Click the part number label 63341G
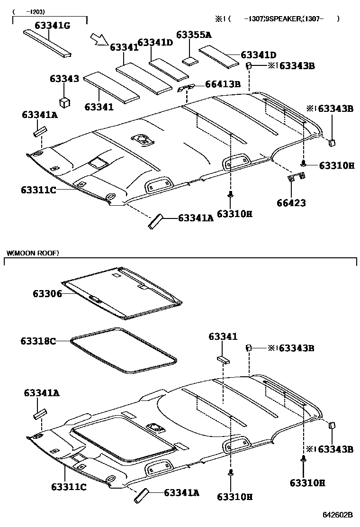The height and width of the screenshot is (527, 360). (52, 25)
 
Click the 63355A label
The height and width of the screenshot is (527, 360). (194, 35)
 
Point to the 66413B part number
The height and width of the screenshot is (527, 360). (223, 84)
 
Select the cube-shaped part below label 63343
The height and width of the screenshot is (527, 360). (64, 102)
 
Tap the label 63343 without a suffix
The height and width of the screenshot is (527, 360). (64, 79)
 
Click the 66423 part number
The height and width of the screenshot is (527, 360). (291, 203)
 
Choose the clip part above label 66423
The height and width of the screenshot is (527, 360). (296, 178)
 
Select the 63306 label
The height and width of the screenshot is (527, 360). (47, 294)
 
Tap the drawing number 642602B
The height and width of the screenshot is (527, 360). (338, 515)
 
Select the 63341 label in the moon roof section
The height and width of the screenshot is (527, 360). (223, 336)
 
